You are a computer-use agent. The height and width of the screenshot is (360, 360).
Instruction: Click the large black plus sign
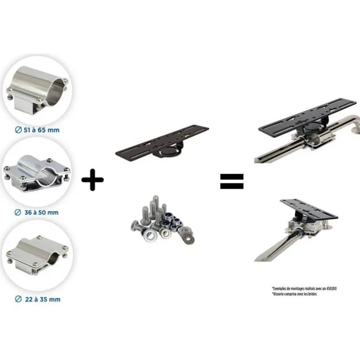(x=93, y=180)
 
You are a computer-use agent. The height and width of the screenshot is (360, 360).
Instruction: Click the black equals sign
(x=231, y=181)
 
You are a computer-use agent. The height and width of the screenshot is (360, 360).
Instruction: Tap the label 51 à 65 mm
(x=42, y=130)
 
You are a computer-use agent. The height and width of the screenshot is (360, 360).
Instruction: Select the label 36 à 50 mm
(x=41, y=212)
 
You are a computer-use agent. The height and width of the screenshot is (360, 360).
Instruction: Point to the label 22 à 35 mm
(x=43, y=299)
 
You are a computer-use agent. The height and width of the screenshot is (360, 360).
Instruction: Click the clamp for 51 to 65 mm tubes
(x=37, y=90)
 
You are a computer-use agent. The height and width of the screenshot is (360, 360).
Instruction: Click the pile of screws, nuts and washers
(x=163, y=220)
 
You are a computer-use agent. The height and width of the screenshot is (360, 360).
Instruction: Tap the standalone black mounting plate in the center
(x=162, y=142)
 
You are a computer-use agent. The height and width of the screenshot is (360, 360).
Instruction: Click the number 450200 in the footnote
(x=331, y=288)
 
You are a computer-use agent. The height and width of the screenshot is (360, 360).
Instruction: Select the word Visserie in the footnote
(x=278, y=294)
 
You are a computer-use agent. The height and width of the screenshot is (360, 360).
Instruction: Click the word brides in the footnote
(x=312, y=294)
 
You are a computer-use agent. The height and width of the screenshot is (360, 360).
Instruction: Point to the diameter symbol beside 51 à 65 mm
(x=18, y=130)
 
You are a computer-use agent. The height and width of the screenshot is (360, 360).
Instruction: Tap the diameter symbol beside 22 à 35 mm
(x=18, y=299)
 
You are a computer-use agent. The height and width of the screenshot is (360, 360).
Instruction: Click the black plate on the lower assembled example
(x=309, y=209)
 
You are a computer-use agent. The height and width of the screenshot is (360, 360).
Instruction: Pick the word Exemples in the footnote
(x=280, y=288)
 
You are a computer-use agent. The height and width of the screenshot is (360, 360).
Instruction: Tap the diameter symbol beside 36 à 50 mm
(x=18, y=212)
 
